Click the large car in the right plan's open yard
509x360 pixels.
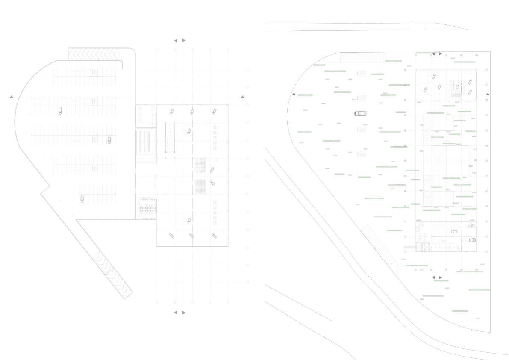(x=361, y=113)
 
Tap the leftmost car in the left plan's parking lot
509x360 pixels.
(x=60, y=110)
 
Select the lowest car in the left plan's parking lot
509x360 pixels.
(x=82, y=198)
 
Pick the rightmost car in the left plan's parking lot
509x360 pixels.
(x=109, y=140)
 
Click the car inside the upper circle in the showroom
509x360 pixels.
(x=188, y=131)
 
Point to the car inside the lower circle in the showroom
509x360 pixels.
(x=188, y=221)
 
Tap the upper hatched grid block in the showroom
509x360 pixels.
(x=200, y=165)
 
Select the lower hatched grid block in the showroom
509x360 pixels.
(x=200, y=186)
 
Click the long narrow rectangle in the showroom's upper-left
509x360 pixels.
(x=170, y=137)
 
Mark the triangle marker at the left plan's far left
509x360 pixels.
(x=12, y=97)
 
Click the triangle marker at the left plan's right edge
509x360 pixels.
(x=243, y=97)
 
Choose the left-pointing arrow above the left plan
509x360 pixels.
(x=175, y=41)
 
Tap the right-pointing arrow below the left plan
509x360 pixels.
(x=184, y=313)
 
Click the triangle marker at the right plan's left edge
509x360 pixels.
(x=294, y=94)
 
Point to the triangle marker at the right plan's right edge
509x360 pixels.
(x=488, y=94)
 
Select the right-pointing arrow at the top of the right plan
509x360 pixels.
(x=441, y=54)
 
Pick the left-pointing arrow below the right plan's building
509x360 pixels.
(x=433, y=277)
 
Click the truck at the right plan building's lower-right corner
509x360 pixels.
(x=472, y=240)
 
